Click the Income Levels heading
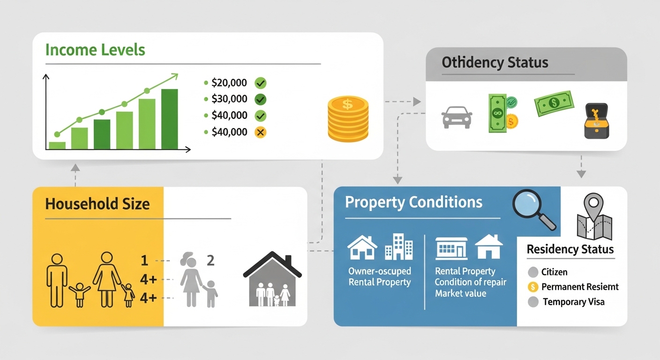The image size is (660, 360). (x=95, y=50)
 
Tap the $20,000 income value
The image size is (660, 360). (x=229, y=83)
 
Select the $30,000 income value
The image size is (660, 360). (x=229, y=99)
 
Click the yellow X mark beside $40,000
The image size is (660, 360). (x=261, y=132)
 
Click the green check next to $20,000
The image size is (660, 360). (x=261, y=83)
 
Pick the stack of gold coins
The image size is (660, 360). (x=348, y=119)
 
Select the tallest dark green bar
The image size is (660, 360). (x=169, y=119)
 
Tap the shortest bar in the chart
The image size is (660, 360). (x=57, y=145)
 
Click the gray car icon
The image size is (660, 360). (x=457, y=117)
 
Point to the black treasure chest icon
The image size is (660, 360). (x=597, y=121)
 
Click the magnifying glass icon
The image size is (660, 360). (x=533, y=209)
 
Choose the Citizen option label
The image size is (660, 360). (x=554, y=272)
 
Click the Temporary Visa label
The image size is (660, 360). (x=573, y=302)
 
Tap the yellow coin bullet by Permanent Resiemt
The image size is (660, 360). (x=532, y=287)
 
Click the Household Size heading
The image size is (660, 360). (x=97, y=204)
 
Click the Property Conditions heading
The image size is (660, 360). (x=413, y=202)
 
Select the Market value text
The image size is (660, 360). (x=460, y=293)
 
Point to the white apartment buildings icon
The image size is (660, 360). (x=398, y=247)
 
